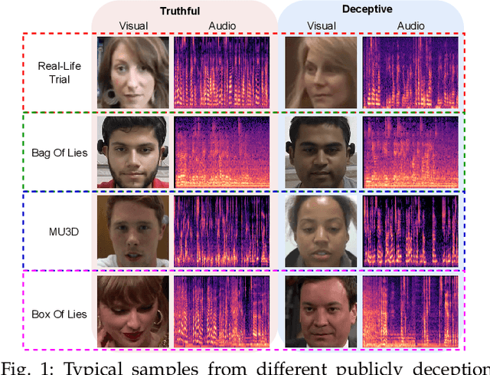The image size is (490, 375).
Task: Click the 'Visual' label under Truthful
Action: [x=133, y=26]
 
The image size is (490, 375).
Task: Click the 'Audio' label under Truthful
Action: [x=222, y=26]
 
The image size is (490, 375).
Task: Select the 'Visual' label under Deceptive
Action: [x=322, y=26]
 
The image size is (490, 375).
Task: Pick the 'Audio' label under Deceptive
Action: [x=410, y=26]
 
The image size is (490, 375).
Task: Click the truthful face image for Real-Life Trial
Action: [x=132, y=72]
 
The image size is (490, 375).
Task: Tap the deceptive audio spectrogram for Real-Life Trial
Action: [x=412, y=73]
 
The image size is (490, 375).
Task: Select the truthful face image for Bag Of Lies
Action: [x=132, y=152]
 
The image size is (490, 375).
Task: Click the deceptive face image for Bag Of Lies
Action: [x=321, y=152]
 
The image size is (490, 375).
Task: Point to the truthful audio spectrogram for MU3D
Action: [x=224, y=232]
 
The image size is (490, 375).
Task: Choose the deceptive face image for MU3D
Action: [x=321, y=232]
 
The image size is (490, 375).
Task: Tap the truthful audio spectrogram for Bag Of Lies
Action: [x=224, y=152]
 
